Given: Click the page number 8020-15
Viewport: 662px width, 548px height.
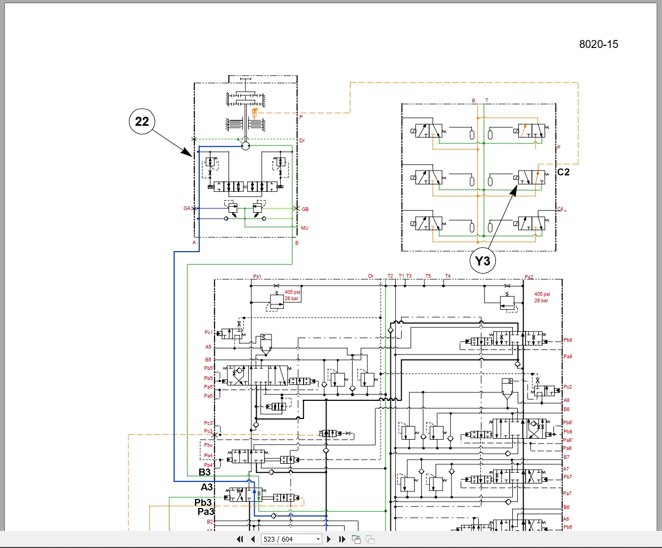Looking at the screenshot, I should pos(599,44).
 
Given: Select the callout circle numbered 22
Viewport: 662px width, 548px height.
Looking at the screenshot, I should pos(142,122).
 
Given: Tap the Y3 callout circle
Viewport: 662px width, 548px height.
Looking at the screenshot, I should pos(483,261).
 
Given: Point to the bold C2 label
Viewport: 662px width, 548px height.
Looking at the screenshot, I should pos(563,172).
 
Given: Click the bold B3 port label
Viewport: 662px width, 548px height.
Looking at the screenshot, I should pos(205,472).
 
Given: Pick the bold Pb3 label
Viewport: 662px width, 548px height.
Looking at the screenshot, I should pos(203,503).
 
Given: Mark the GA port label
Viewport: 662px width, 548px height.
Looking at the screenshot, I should pos(187,208).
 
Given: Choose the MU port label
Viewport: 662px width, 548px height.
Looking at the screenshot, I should pos(305,228).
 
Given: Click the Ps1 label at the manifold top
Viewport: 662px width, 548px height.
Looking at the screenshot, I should pos(257,277).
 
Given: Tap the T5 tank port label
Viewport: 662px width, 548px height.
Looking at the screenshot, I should pos(428,276).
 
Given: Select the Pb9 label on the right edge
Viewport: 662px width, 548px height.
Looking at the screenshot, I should pos(568,340).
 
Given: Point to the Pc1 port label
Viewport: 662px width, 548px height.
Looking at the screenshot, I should pos(208,333).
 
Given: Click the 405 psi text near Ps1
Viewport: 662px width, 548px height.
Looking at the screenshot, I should pos(292,292).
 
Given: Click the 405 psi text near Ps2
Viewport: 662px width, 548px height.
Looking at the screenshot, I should pos(542,294).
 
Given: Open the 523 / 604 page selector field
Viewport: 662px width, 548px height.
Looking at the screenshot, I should pos(291,539).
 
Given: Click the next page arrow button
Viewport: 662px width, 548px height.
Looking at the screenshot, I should pos(329,539).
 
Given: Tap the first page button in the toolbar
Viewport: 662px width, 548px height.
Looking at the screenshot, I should pos(240,539).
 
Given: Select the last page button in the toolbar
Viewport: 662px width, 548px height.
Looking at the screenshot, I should pos(342,539).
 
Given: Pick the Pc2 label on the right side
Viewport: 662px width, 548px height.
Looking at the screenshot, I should pos(568,387).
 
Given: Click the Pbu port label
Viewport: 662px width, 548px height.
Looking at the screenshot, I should pos(208,445).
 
